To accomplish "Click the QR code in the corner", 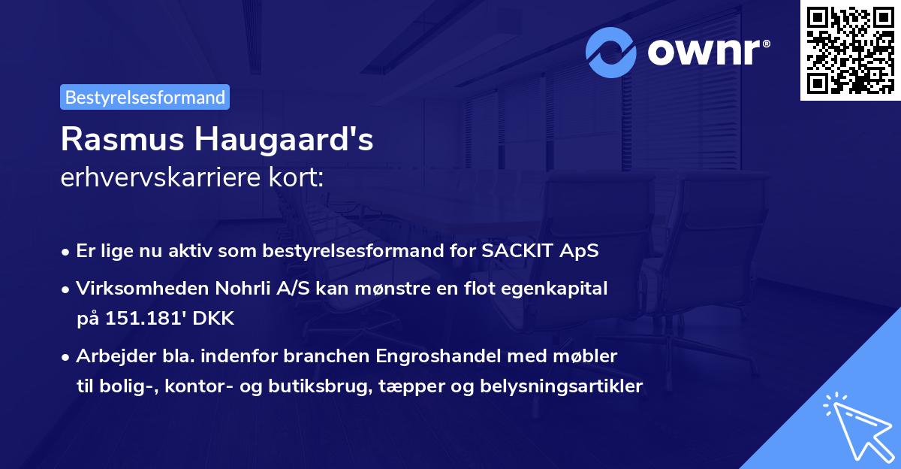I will click(x=851, y=50).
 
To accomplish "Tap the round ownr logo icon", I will click(x=611, y=52).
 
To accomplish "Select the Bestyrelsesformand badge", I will click(x=145, y=97).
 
